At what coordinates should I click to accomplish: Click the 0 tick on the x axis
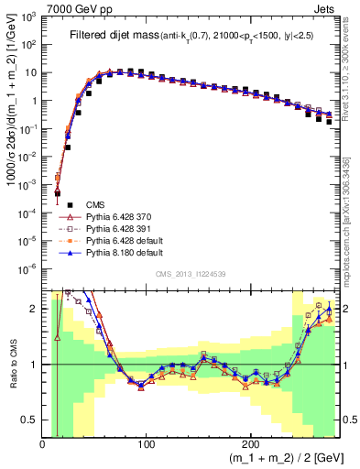coord(42,442)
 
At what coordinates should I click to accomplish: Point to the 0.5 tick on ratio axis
coord(30,420)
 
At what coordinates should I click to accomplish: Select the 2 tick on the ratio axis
coord(35,309)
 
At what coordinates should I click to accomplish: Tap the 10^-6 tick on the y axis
coord(28,269)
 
